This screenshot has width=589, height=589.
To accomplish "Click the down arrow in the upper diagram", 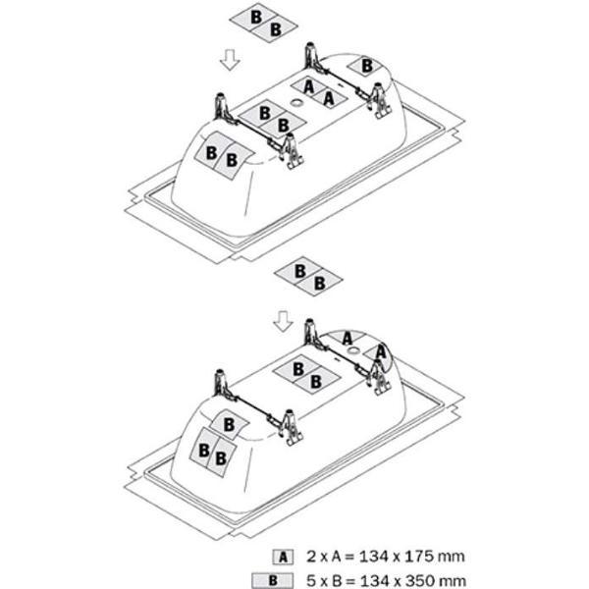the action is click(230, 60).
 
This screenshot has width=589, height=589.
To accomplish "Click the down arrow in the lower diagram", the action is click(283, 321).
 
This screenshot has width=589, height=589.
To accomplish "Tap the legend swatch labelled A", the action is click(283, 557).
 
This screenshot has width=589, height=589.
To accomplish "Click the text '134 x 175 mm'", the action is click(412, 557).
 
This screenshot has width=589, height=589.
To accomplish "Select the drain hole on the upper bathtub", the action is click(296, 102).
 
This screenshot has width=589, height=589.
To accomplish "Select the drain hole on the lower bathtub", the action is click(353, 351).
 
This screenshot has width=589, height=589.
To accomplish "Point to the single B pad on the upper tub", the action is click(366, 66).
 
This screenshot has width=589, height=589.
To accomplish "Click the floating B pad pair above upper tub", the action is click(263, 23).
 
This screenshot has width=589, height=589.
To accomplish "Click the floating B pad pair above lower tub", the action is click(308, 277).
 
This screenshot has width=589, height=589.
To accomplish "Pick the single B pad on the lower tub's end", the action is click(229, 425).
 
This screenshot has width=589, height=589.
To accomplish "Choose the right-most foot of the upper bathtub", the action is click(380, 100).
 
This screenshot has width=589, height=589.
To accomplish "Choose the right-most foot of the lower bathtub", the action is click(379, 376).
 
